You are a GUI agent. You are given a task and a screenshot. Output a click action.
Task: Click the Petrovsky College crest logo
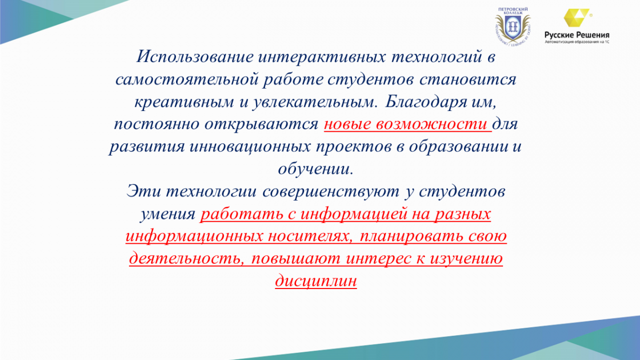tap(513, 27)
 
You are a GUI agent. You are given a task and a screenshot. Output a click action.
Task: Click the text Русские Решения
tap(577, 35)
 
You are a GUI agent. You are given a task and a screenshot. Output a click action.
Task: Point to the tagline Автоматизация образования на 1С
tap(577, 42)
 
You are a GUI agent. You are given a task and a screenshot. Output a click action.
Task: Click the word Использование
tap(195, 57)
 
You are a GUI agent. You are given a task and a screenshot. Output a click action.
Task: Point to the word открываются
tap(261, 125)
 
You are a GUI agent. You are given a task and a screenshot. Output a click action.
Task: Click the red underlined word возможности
tap(431, 125)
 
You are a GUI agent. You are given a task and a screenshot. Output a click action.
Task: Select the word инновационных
tap(250, 147)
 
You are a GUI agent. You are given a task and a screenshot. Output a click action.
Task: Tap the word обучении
tap(315, 169)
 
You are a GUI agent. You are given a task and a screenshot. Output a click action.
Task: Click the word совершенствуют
tap(331, 191)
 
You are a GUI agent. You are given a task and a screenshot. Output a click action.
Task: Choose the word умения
tap(167, 214)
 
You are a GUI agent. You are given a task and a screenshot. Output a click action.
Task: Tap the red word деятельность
tap(187, 259)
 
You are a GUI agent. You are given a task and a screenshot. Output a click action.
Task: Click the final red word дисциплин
tap(316, 281)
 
